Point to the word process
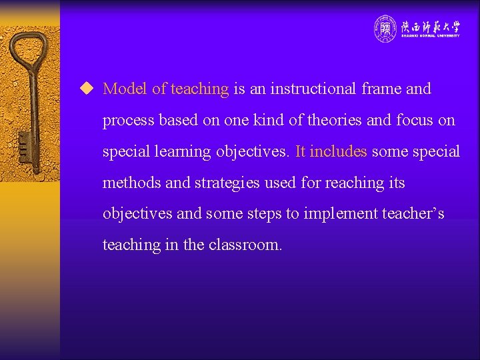pyautogui.click(x=127, y=121)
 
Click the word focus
pyautogui.click(x=414, y=120)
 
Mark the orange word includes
pyautogui.click(x=338, y=151)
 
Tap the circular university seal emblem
pyautogui.click(x=385, y=28)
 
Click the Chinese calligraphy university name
pyautogui.click(x=430, y=26)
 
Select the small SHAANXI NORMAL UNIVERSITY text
pyautogui.click(x=430, y=36)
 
